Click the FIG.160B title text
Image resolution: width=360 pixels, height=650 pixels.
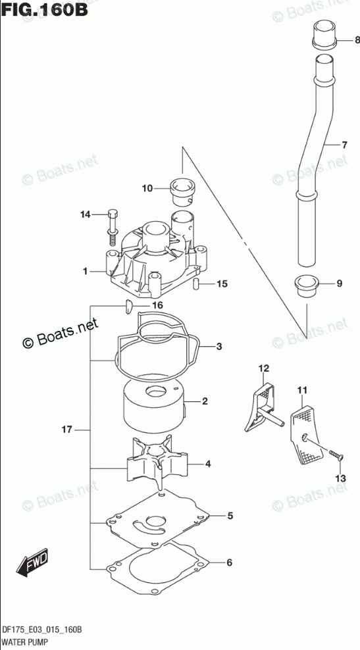pyautogui.click(x=44, y=9)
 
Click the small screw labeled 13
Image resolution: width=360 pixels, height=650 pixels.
pyautogui.click(x=335, y=455)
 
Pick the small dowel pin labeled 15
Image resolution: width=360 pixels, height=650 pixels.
pyautogui.click(x=197, y=286)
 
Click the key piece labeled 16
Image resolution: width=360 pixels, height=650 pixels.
pyautogui.click(x=128, y=307)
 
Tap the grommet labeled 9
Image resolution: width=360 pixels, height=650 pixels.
pyautogui.click(x=307, y=286)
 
